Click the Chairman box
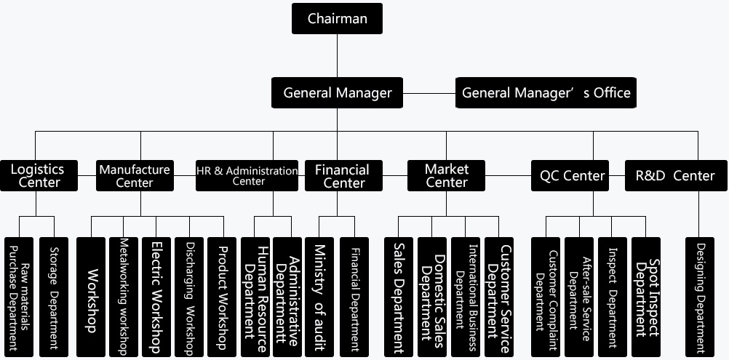[337, 19]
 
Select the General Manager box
[338, 93]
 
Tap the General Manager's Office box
[546, 93]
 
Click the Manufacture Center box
[135, 175]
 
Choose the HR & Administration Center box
[247, 175]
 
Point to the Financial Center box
[342, 175]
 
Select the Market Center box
[447, 175]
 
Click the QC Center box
[572, 175]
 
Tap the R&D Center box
[675, 175]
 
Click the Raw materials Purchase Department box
[19, 297]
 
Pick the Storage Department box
[54, 297]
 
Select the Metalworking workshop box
[123, 297]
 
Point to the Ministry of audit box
[319, 297]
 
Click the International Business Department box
[466, 297]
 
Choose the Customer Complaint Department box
[546, 297]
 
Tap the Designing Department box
[700, 297]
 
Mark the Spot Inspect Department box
[646, 297]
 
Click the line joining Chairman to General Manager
[337, 55]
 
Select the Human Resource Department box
[256, 297]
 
